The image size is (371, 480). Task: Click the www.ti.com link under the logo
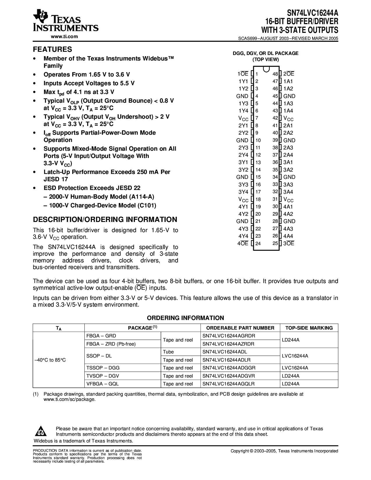click(x=64, y=36)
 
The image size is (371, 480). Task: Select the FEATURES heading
click(x=52, y=49)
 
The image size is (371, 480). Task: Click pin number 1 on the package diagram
click(x=257, y=74)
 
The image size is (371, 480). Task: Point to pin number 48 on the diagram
click(x=275, y=74)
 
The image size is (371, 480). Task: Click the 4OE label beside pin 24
click(x=243, y=243)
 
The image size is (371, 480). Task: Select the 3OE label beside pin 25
click(x=289, y=243)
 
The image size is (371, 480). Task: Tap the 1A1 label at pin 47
click(x=288, y=81)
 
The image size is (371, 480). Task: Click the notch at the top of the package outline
click(x=266, y=69)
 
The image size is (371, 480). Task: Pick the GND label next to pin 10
click(x=242, y=140)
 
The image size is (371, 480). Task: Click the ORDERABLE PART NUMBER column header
click(x=240, y=328)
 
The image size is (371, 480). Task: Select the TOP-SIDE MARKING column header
click(x=309, y=328)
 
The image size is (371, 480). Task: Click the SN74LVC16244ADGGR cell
click(x=229, y=368)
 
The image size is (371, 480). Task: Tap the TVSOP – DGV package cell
click(x=103, y=376)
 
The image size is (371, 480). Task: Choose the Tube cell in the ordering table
click(x=168, y=352)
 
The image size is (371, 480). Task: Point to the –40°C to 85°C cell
click(x=50, y=360)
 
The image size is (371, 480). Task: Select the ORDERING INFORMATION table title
click(x=185, y=318)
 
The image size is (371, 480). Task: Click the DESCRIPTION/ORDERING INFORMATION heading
click(x=105, y=219)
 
